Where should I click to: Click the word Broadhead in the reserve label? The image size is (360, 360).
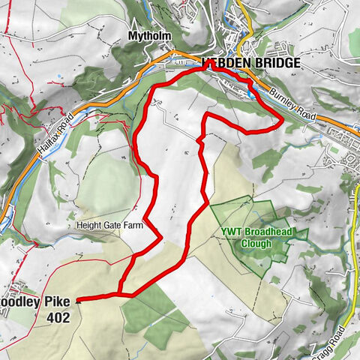click(262, 232)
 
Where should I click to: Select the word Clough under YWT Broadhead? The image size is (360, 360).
click(255, 243)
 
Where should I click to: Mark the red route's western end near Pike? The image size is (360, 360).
click(79, 299)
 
